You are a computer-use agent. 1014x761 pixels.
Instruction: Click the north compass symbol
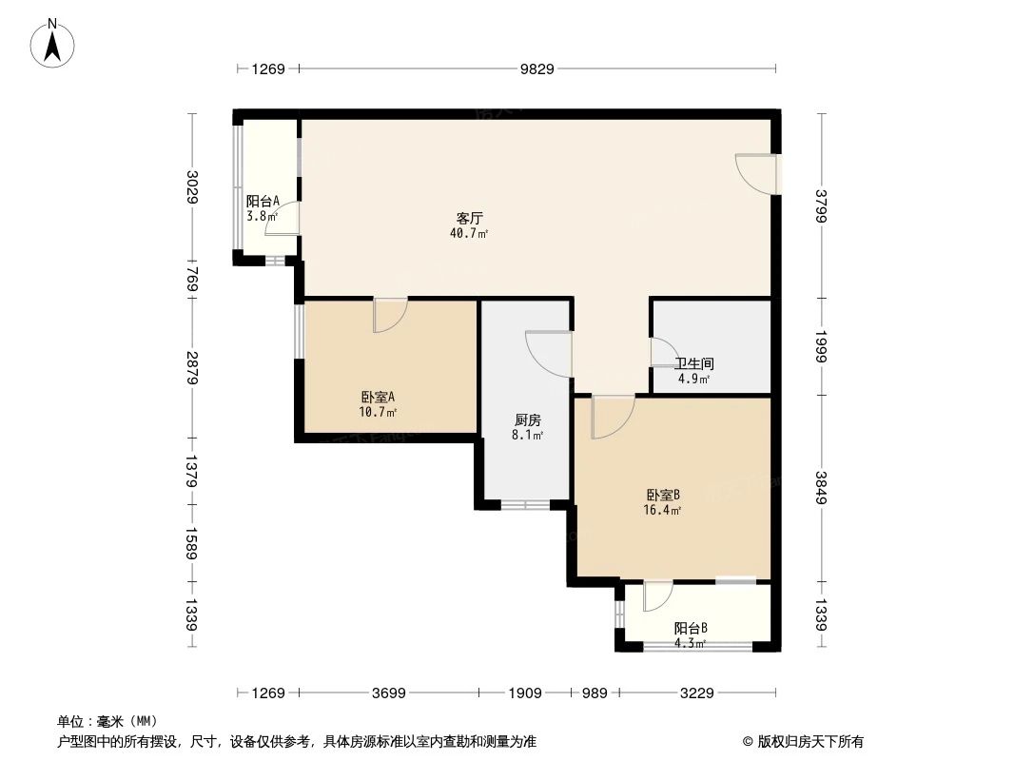[55, 42]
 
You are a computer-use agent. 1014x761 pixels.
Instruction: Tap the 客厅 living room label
[469, 217]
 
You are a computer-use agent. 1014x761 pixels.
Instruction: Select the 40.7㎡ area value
[469, 233]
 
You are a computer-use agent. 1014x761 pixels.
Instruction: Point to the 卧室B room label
[663, 495]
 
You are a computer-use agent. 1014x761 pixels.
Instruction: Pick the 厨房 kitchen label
[528, 420]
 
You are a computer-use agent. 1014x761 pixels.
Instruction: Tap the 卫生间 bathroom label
[694, 363]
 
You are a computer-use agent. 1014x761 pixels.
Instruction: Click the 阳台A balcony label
[262, 201]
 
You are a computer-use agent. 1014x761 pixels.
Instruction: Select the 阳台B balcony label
[691, 628]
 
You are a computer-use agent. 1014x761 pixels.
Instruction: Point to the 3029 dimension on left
[192, 186]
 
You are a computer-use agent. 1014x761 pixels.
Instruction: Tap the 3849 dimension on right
[822, 487]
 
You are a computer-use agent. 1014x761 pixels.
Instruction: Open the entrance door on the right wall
[754, 172]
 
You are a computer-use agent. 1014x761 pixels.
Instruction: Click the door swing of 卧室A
[389, 315]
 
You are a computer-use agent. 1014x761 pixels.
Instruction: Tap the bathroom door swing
[662, 353]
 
